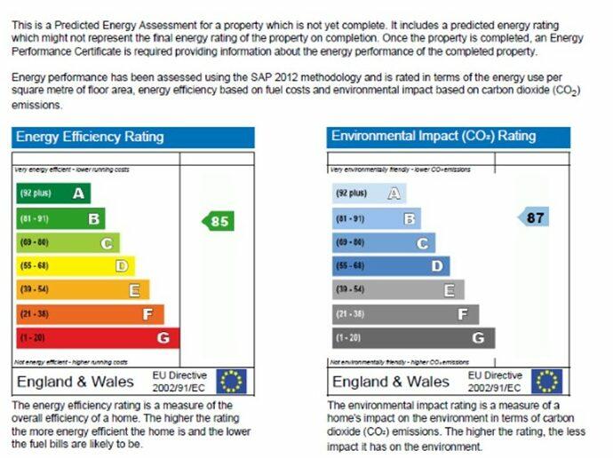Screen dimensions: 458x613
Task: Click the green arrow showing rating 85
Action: click(218, 221)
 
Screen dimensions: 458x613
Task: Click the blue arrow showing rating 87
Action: click(534, 217)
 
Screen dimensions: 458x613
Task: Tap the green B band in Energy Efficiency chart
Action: click(60, 217)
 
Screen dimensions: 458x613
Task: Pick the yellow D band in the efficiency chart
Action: click(76, 265)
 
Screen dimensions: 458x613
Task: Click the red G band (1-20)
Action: click(98, 337)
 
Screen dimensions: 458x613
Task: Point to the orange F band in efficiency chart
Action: click(90, 313)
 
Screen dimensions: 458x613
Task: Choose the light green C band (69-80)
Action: click(68, 241)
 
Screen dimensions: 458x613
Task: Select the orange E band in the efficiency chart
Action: click(83, 289)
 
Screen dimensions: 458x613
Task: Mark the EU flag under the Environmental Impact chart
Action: click(547, 382)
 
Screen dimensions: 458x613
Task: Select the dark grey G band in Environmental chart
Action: click(413, 337)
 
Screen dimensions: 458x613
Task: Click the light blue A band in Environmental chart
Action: click(370, 193)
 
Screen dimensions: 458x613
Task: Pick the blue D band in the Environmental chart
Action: click(391, 265)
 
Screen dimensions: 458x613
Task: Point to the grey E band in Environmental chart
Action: click(398, 289)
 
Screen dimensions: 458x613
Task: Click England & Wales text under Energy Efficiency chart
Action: click(76, 382)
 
